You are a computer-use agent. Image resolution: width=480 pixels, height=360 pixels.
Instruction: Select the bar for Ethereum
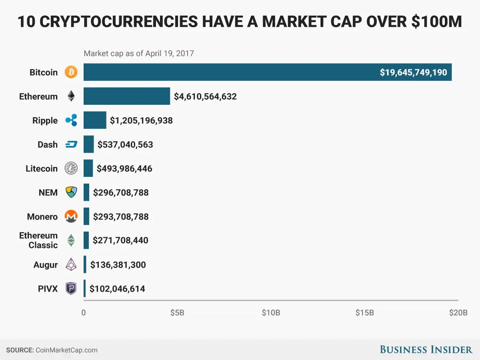point(126,96)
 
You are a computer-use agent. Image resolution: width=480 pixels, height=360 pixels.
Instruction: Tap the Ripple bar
point(95,120)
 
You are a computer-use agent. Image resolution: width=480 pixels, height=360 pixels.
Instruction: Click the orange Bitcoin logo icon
point(71,72)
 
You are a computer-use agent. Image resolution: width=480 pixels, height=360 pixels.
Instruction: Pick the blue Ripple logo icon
point(71,120)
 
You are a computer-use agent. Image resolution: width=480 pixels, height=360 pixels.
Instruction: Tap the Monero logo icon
point(71,216)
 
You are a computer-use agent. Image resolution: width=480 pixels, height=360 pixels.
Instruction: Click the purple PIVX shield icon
point(71,288)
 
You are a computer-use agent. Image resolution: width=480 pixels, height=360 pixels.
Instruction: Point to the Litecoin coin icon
point(71,168)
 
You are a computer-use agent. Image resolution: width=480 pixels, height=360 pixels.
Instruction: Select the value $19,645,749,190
point(414,72)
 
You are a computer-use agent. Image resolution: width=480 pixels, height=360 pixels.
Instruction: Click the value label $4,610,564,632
point(205,96)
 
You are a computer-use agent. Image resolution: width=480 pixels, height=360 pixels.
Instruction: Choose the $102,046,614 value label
point(117,288)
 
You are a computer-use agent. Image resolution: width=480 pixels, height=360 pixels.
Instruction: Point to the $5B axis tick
point(177,312)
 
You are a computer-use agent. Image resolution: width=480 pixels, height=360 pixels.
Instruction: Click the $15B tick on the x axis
point(364,312)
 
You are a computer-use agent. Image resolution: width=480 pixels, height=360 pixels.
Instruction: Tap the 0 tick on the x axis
point(84,312)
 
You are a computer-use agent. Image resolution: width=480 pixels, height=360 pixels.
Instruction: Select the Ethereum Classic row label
point(38,240)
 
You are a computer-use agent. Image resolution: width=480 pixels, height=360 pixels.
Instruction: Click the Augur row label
point(46,264)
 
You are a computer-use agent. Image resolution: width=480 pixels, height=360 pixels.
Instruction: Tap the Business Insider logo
point(426,350)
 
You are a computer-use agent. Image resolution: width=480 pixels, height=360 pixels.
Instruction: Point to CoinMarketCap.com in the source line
point(66,350)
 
